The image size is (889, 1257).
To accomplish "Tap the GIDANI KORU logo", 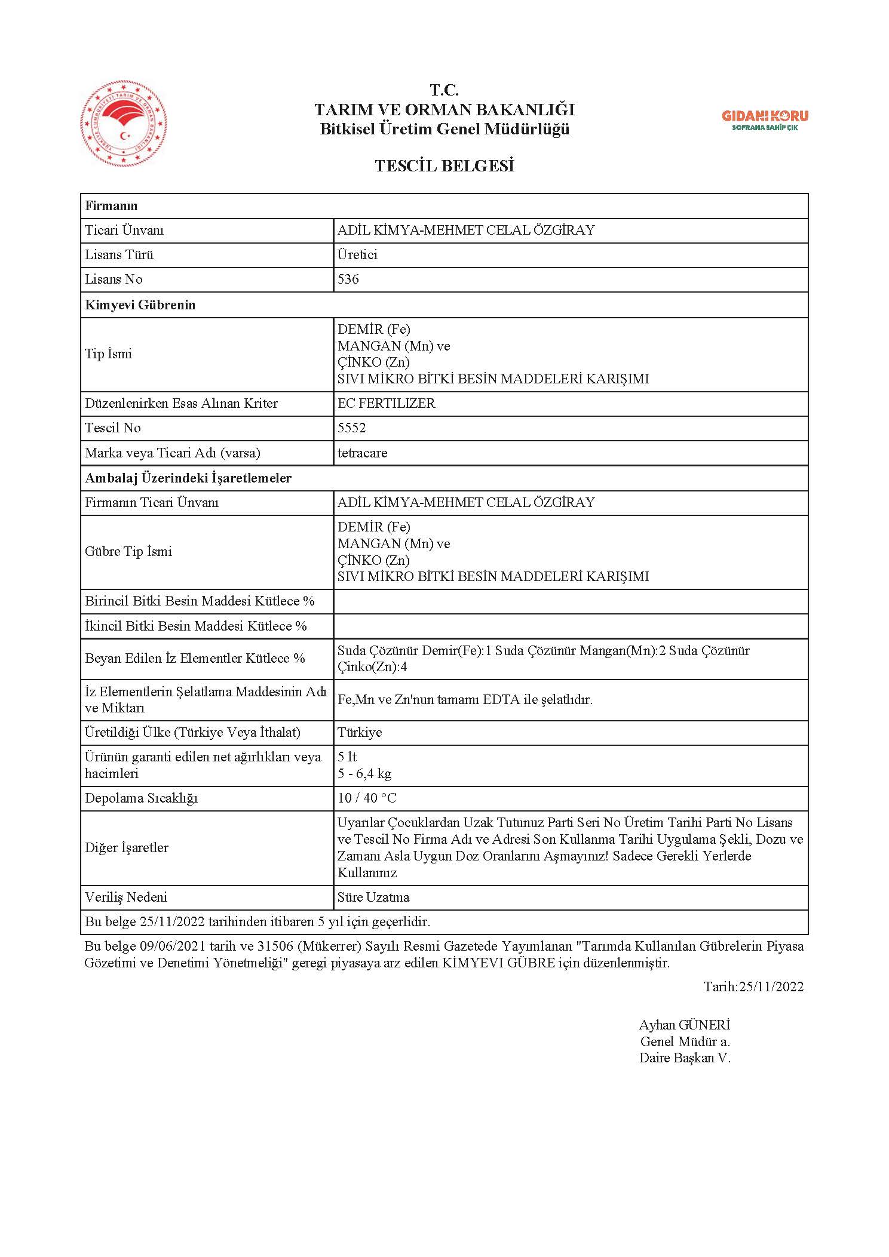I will [765, 120].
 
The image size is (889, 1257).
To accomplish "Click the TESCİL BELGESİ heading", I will [444, 166].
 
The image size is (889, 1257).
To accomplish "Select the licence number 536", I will [348, 279].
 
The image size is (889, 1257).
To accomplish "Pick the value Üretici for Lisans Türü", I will [357, 255].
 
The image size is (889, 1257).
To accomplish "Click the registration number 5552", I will [351, 428].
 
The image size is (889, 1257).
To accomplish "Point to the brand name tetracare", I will [362, 453].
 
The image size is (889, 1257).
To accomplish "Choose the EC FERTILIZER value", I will [386, 403].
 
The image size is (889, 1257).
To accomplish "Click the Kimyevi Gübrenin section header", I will [140, 305].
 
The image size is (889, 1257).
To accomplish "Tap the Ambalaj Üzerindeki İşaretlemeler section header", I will [188, 478].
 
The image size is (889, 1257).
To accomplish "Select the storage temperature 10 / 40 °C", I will [367, 798].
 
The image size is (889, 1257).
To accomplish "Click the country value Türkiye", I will [360, 733].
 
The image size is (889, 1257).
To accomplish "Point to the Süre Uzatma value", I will [373, 898].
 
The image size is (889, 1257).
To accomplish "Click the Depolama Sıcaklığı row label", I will [141, 798].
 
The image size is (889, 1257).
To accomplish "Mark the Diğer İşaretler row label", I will [127, 848].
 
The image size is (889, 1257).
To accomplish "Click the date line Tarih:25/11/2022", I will [753, 986].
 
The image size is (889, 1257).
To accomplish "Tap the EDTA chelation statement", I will [465, 699].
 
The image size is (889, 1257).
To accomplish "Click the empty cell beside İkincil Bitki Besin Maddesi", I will [570, 626].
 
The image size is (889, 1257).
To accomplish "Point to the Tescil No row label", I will [113, 428].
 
